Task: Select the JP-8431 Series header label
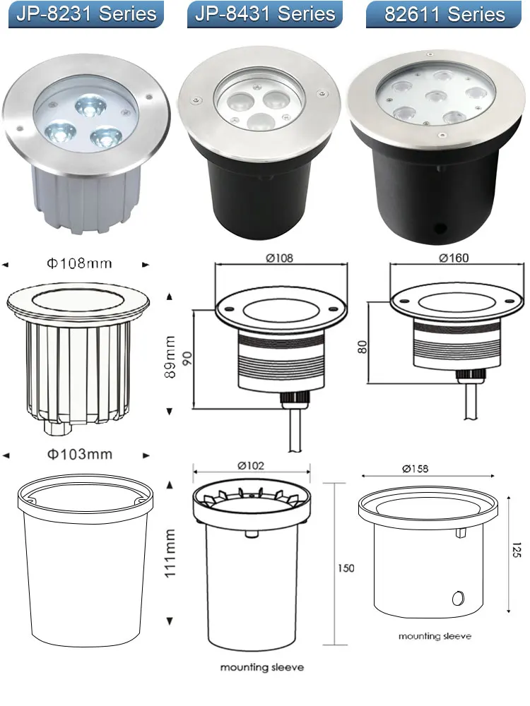click(x=265, y=14)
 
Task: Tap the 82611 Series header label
click(x=445, y=15)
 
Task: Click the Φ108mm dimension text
click(x=79, y=264)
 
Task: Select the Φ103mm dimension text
click(x=79, y=454)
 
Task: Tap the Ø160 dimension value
click(x=452, y=258)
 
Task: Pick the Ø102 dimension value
click(x=251, y=465)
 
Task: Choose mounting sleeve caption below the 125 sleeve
click(x=435, y=636)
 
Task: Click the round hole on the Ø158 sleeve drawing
click(x=456, y=598)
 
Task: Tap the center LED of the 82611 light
click(x=439, y=97)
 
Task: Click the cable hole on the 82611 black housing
click(x=442, y=228)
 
